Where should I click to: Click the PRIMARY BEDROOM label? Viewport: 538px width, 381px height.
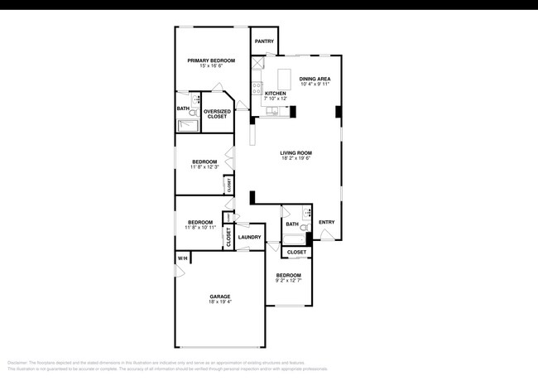point(211,60)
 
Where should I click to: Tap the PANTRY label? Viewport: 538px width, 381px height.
point(264,41)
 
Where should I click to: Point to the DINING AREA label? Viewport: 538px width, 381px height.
point(315,79)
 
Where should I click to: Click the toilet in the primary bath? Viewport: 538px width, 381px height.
point(197,99)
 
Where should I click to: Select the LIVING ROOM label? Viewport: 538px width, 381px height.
point(295,153)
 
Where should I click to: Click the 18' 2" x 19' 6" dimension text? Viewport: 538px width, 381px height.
point(295,159)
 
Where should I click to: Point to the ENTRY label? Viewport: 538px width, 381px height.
point(327,221)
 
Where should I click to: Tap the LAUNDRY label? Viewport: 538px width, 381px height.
point(249,238)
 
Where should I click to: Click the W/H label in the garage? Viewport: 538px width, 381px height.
point(181,259)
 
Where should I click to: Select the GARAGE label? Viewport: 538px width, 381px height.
point(219,297)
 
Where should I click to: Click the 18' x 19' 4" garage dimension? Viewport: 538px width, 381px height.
point(219,302)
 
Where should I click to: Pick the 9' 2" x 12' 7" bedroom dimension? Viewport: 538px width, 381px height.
point(288,280)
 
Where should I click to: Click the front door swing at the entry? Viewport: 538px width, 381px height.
point(329,234)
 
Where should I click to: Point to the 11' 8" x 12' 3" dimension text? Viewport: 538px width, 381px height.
point(204,167)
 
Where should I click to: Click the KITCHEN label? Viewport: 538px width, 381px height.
point(276,94)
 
